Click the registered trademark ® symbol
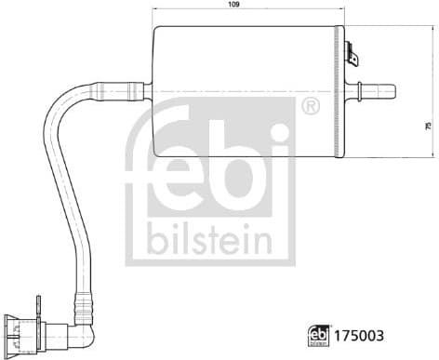pos(310,109)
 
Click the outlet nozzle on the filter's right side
pos(378,91)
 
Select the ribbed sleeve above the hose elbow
pos(82,302)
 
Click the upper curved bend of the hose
pos(70,98)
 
